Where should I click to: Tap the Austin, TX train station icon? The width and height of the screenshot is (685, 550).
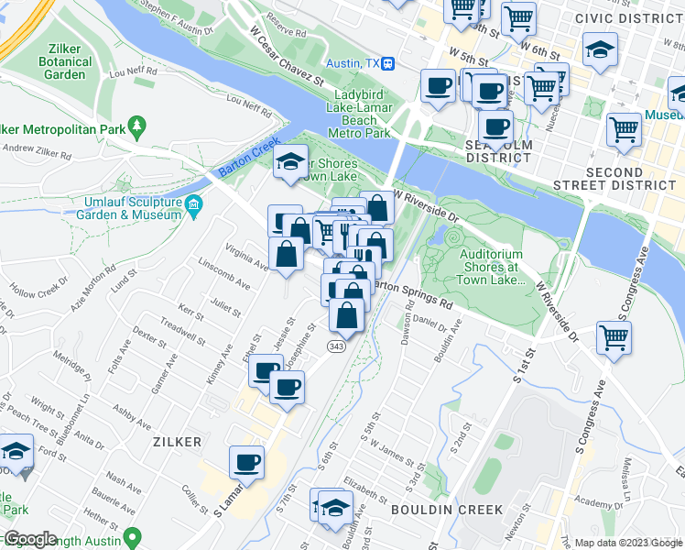pos(389,63)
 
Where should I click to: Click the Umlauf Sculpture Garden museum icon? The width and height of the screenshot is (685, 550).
pos(193,203)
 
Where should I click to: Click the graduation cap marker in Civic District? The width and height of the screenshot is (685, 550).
pos(600,50)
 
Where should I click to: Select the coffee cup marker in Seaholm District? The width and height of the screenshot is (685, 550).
pos(495,126)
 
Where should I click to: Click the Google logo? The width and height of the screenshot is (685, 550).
pos(30,539)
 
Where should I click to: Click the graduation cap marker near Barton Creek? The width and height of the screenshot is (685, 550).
pos(290,163)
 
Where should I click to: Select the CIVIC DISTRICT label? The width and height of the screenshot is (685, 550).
pos(629,18)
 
